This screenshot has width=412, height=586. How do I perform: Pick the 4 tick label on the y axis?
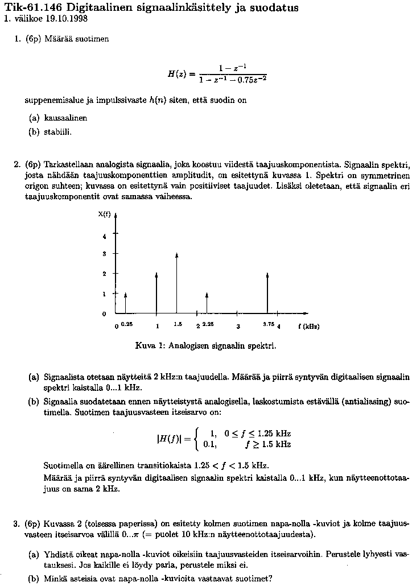[104, 236]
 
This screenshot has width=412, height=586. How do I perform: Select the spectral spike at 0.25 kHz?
[126, 303]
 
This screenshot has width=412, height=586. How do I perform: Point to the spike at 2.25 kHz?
[207, 303]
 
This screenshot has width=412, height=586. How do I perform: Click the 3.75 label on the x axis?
[268, 324]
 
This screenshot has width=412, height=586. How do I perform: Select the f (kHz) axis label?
[308, 327]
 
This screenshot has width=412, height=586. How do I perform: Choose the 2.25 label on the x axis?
[208, 324]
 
